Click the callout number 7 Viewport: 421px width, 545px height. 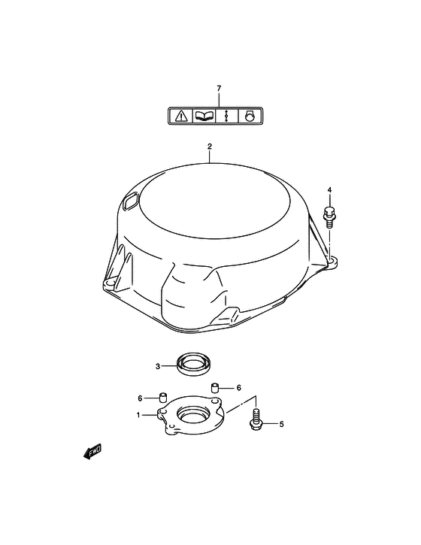[x=219, y=89]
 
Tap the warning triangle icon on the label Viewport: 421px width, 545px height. [x=181, y=116]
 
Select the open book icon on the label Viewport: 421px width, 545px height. [x=204, y=116]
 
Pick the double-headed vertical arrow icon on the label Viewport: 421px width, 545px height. [x=226, y=116]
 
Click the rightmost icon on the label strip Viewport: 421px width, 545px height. [x=250, y=116]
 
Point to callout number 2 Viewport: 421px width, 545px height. [x=210, y=147]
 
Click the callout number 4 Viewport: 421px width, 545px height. [x=329, y=189]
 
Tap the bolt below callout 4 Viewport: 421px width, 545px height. [x=329, y=217]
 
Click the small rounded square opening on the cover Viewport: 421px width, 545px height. [x=131, y=201]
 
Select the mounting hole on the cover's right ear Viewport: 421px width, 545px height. [x=333, y=260]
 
